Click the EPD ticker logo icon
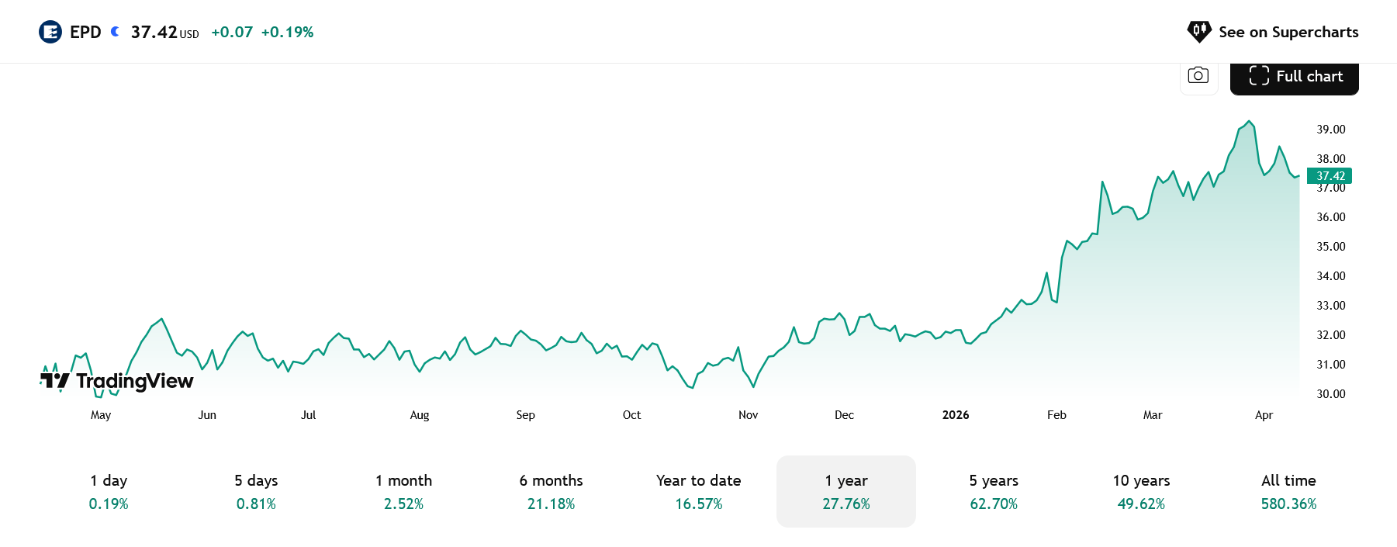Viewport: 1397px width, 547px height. coord(50,32)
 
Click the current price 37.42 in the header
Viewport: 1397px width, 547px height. coord(154,32)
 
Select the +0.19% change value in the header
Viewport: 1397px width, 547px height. coord(287,32)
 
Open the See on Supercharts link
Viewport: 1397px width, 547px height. coord(1273,32)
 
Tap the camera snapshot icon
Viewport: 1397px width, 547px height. coord(1198,76)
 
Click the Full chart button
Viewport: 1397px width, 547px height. coord(1295,77)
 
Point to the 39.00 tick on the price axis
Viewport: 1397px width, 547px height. coord(1330,130)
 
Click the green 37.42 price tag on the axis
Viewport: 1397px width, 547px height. coord(1330,176)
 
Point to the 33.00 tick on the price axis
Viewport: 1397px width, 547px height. coord(1330,306)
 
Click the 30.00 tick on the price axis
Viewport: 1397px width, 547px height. coord(1330,394)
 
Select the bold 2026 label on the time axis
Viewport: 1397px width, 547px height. coord(956,415)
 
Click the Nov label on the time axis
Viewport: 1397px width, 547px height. coord(748,415)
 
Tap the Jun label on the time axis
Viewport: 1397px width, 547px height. coord(207,415)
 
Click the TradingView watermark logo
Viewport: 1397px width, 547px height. coord(117,380)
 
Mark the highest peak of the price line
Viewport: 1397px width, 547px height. coord(1249,121)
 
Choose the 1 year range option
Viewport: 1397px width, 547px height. coord(846,491)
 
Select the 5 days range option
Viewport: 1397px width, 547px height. coord(256,491)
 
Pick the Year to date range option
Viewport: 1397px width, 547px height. coord(698,491)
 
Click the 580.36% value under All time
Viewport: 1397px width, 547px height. coord(1288,504)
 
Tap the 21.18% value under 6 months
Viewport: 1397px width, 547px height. coord(551,504)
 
